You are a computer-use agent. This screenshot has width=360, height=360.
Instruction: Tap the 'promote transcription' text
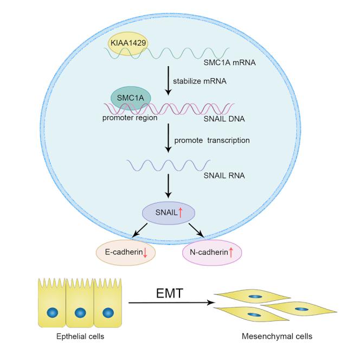coord(211,140)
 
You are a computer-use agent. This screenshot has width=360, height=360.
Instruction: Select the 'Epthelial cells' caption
coord(80,337)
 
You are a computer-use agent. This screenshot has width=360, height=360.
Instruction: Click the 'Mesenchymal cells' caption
coord(277,336)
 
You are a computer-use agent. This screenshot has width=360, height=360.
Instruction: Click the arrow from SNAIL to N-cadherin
coord(193,231)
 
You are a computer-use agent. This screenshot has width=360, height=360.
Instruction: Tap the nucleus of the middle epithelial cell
coord(80,312)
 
